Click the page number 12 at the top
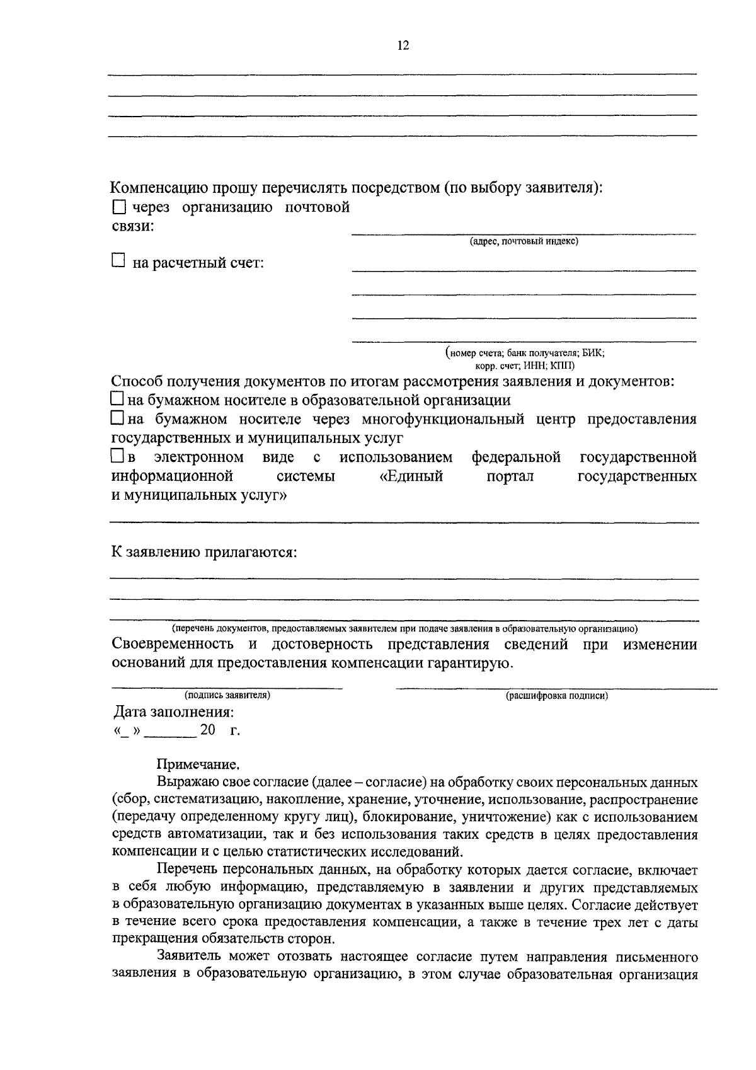pos(403,45)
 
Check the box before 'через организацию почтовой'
pos(119,207)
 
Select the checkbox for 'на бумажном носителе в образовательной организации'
pos(117,399)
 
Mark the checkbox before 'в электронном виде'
pos(117,455)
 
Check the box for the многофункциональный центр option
pos(117,418)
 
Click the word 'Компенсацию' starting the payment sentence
pos(156,188)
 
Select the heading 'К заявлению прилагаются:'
pos(203,553)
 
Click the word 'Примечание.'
pos(198,765)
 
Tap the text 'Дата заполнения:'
pos(173,713)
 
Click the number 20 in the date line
pos(207,730)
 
